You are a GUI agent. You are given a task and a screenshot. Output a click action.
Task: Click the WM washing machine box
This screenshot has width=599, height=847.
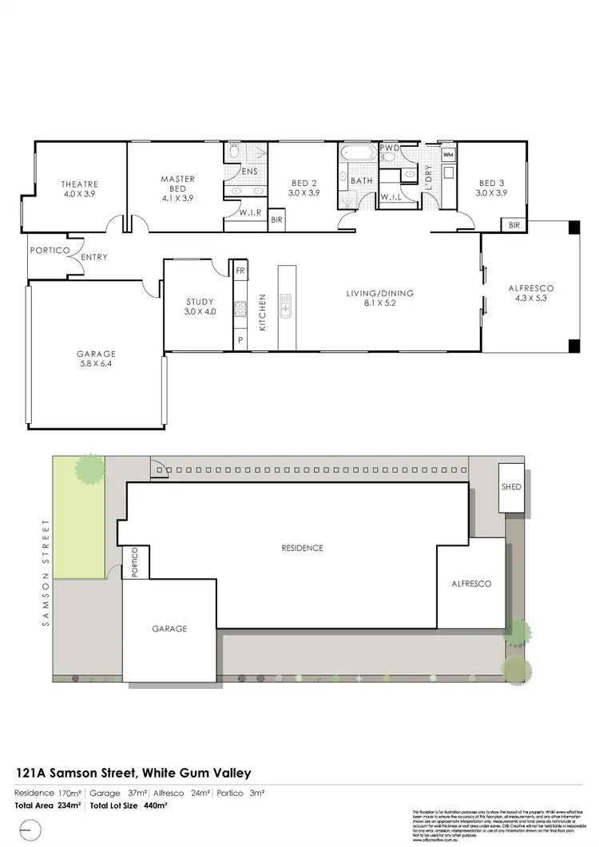tap(447, 153)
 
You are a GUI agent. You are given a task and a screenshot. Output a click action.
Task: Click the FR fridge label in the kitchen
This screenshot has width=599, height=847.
tap(240, 271)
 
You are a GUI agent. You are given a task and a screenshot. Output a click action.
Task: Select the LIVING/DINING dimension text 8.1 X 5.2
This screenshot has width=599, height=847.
tap(380, 303)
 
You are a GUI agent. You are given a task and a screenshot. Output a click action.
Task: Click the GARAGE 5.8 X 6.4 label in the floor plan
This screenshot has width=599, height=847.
tap(97, 358)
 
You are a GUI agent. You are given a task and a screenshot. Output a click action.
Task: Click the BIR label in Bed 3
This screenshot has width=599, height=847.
tap(514, 226)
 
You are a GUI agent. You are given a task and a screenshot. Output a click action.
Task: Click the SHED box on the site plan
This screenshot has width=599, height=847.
tap(511, 487)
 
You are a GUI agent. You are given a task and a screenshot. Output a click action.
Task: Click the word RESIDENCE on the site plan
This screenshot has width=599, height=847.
tap(302, 548)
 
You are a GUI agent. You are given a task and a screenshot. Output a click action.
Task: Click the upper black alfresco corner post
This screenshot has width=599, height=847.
tap(573, 228)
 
